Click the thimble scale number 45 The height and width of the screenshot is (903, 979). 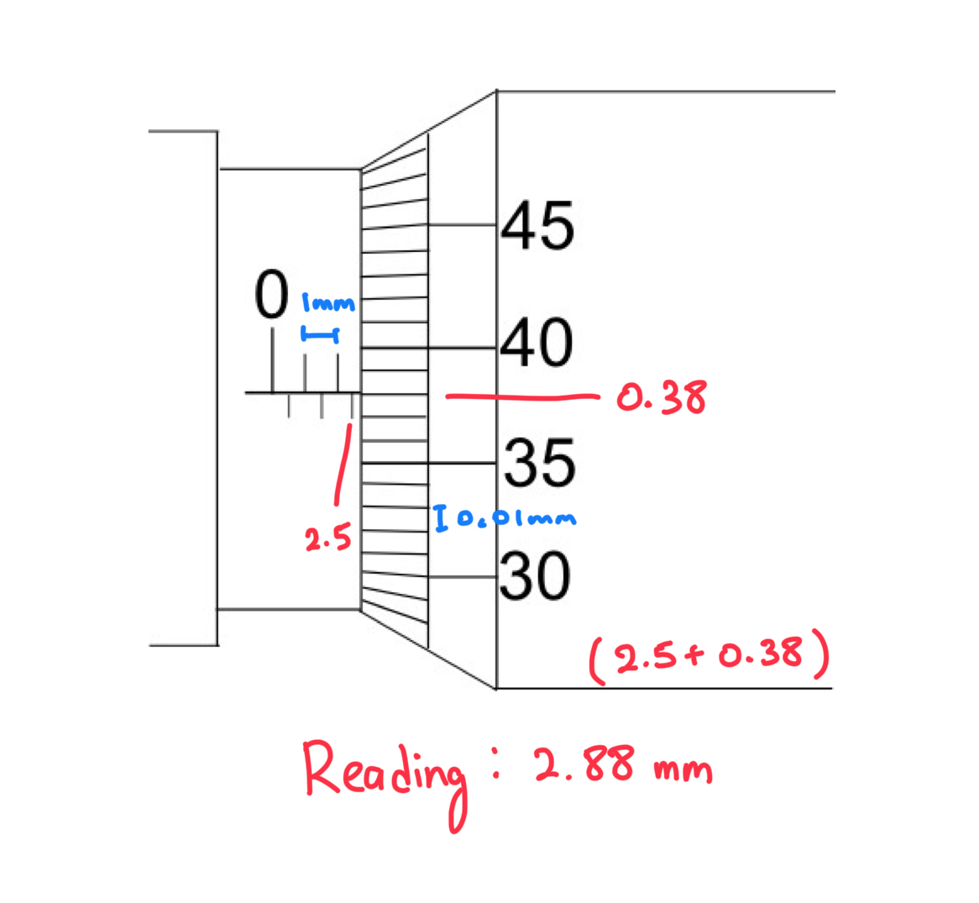pos(538,226)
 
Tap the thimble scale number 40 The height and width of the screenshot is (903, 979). pos(537,343)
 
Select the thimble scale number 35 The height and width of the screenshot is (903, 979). pos(541,463)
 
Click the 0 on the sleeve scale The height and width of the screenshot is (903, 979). pos(271,296)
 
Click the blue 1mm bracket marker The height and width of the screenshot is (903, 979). pos(320,336)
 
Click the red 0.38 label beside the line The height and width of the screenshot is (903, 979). pos(662,397)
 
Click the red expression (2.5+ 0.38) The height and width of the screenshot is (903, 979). pos(709,658)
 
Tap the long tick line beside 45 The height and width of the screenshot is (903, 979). pos(462,225)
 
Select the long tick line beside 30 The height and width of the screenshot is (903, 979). pos(462,576)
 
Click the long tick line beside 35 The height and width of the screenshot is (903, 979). pos(462,463)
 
